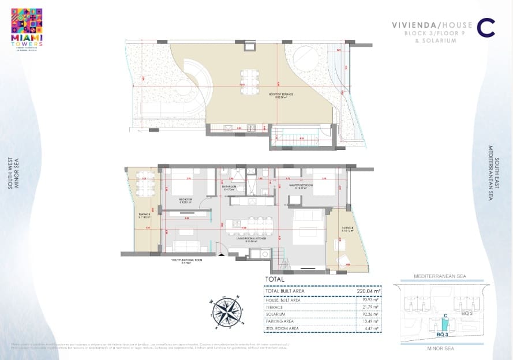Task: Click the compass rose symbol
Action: [226, 312]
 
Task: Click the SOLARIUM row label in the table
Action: [275, 313]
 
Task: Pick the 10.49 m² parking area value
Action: [369, 321]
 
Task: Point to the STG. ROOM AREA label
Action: [283, 328]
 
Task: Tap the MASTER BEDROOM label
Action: [301, 185]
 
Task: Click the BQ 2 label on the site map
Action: [468, 313]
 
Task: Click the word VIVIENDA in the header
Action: [413, 25]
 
